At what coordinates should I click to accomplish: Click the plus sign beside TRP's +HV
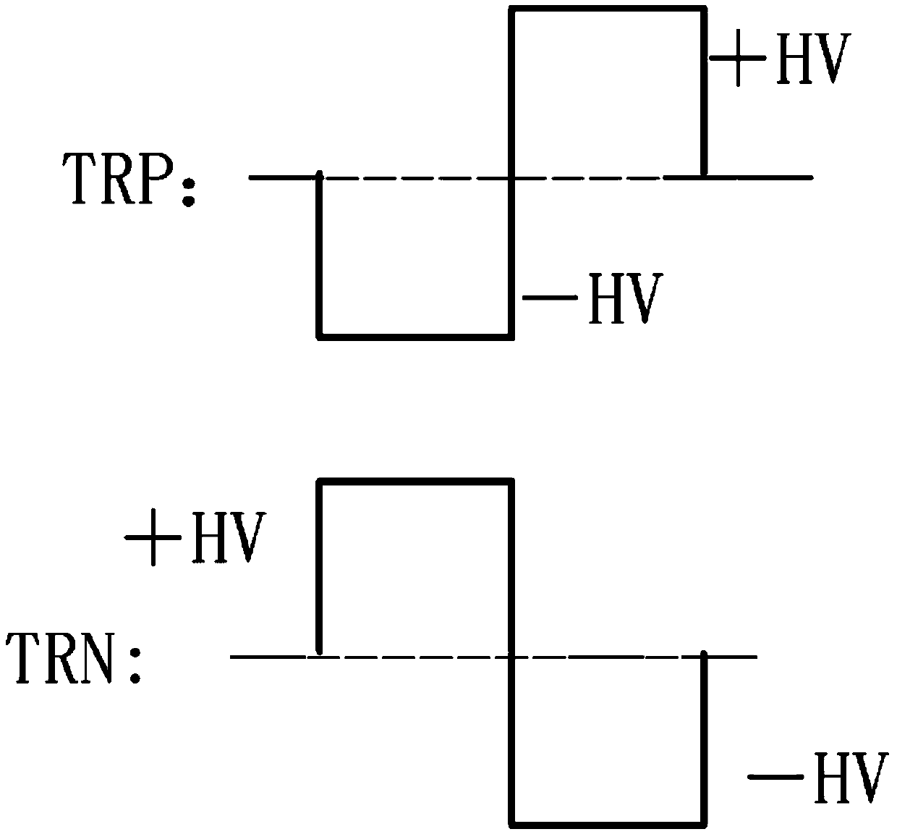738,59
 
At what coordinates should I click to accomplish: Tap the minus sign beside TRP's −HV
548,297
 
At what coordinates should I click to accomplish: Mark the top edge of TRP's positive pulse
608,9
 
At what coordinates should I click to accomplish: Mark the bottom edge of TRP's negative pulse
415,335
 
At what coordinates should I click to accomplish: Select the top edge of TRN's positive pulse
415,481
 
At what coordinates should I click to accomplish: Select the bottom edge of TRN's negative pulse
608,823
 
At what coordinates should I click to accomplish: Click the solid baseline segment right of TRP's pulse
760,176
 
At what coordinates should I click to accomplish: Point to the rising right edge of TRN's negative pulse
705,739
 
